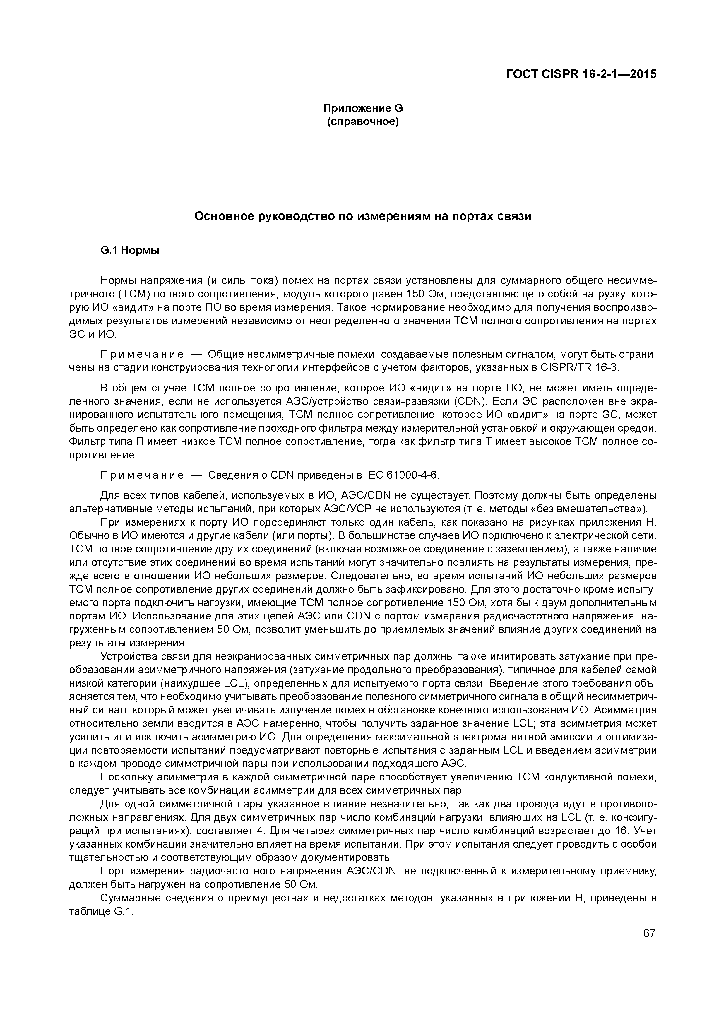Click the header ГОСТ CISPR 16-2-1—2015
pos(581,74)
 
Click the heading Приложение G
pos(363,108)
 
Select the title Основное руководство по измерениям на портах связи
pos(363,216)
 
